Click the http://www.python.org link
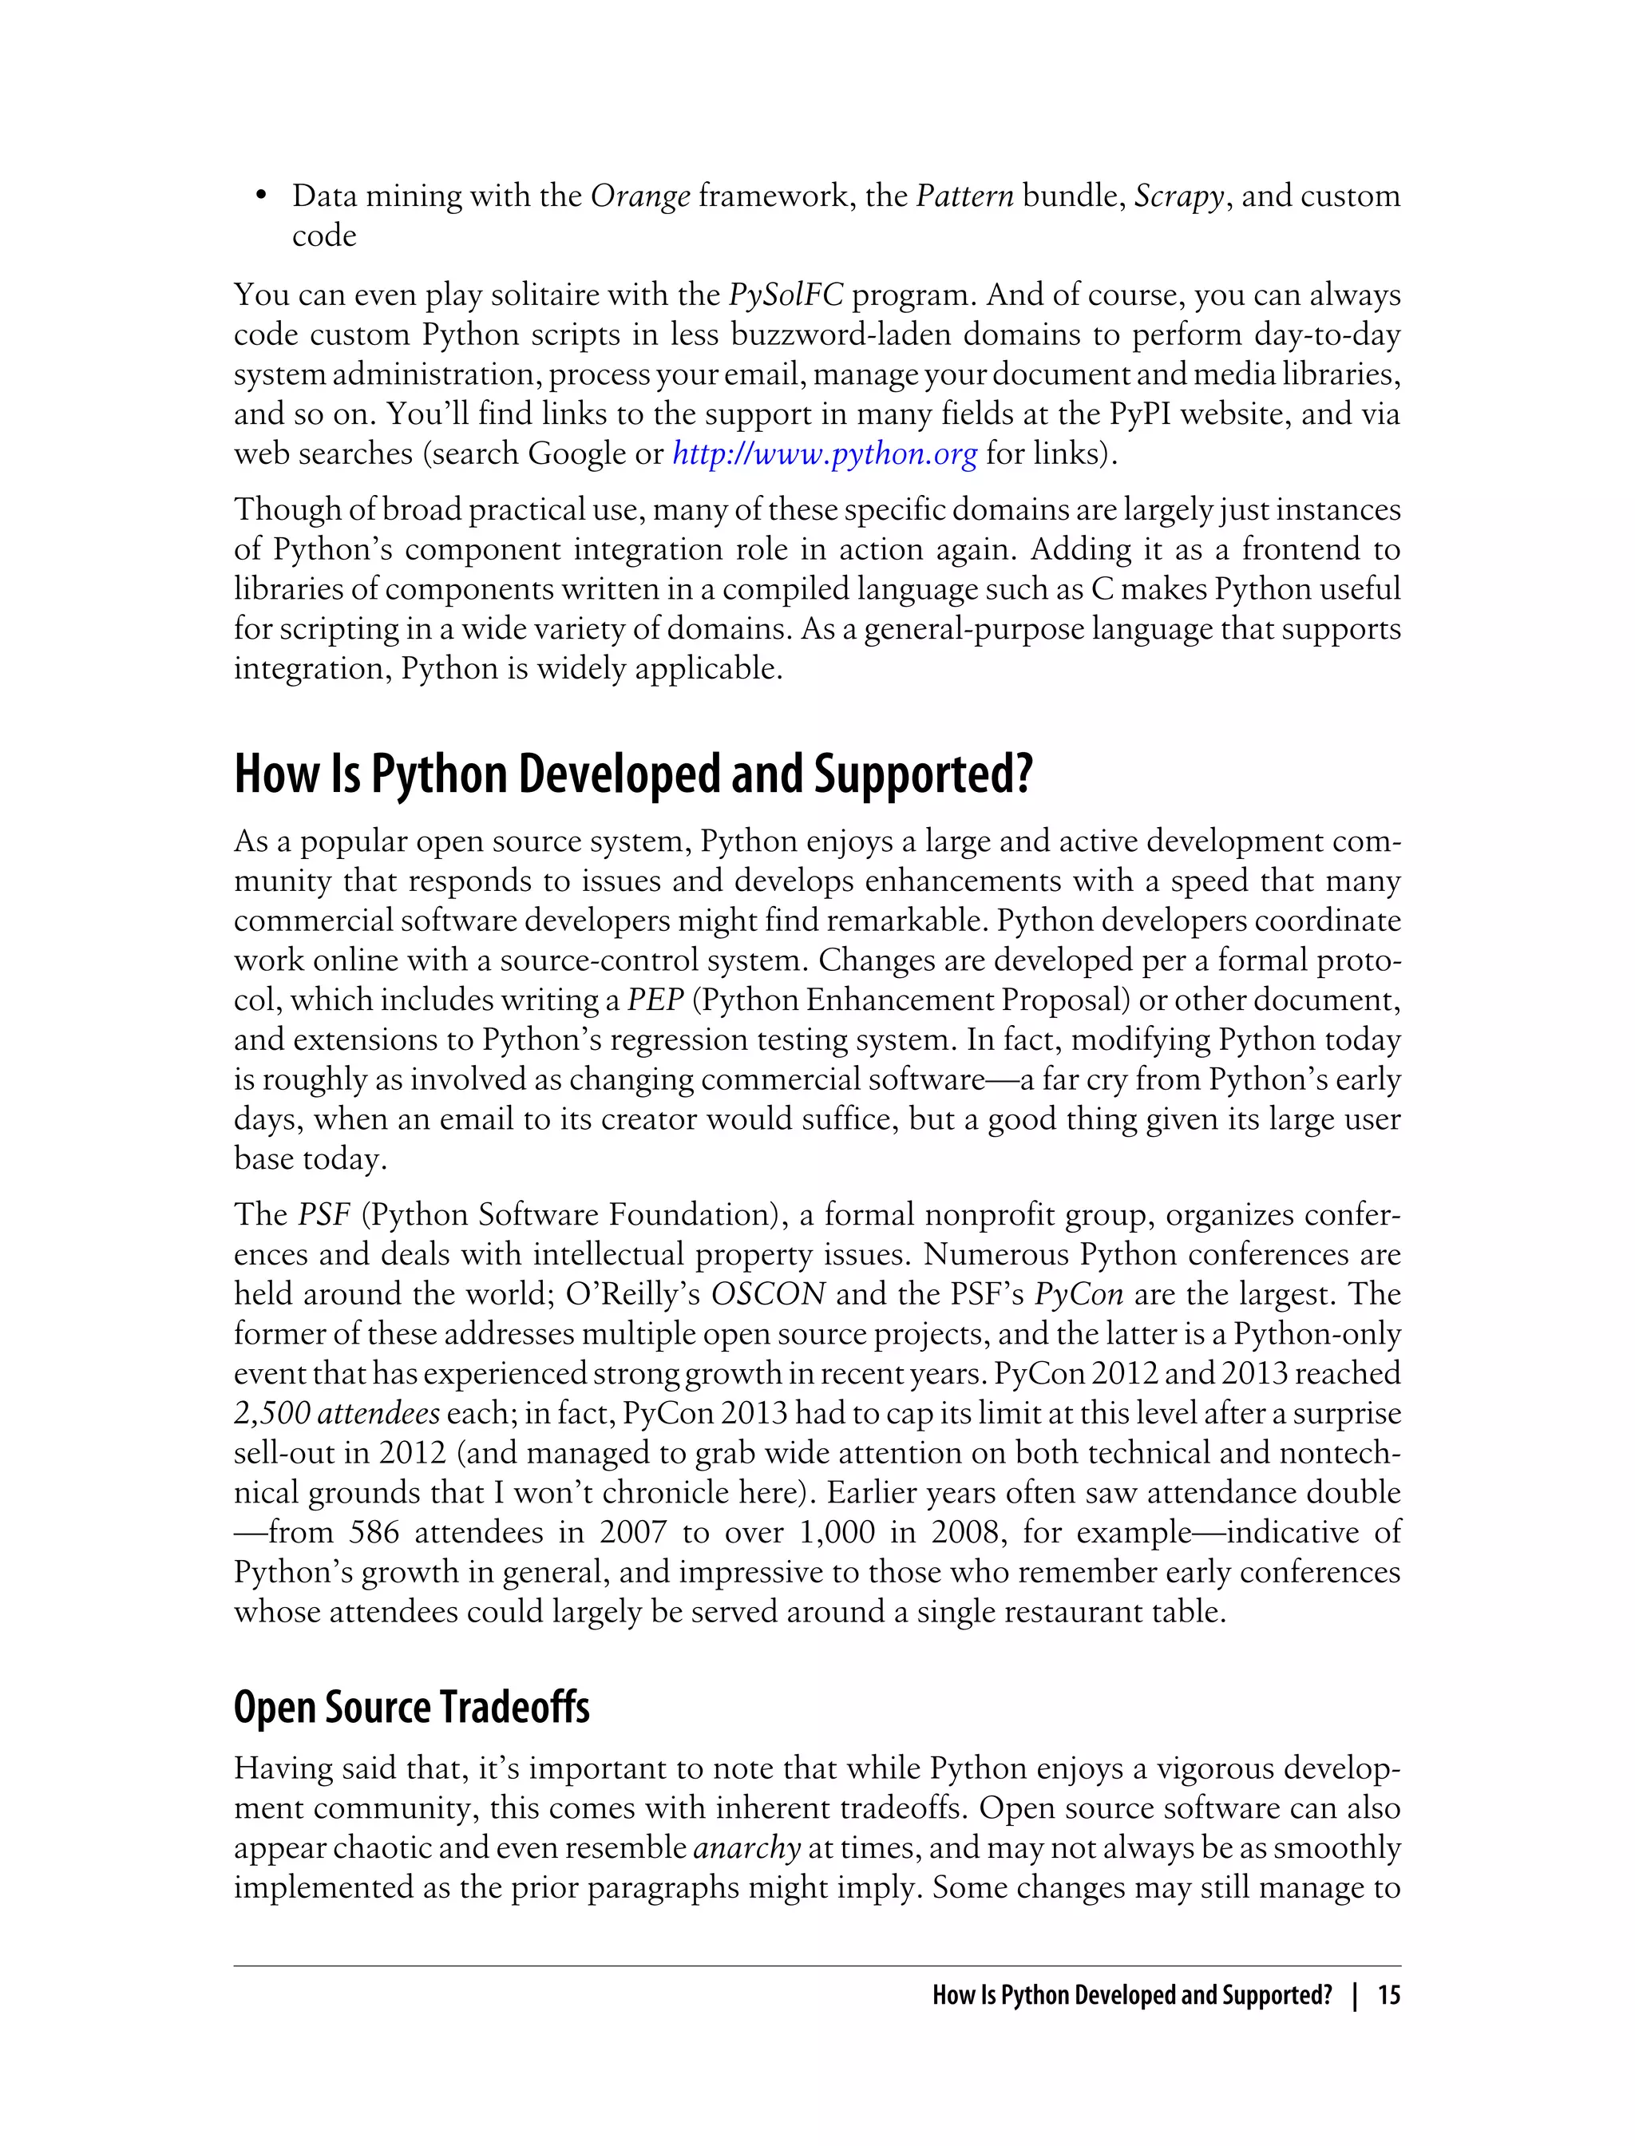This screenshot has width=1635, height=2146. (x=825, y=454)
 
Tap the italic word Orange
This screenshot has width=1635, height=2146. (x=640, y=196)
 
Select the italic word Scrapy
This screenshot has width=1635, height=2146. (x=1178, y=196)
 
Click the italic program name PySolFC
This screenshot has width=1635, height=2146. (x=786, y=295)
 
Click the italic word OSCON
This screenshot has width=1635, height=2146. (x=769, y=1294)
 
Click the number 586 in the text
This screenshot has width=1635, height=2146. (x=374, y=1533)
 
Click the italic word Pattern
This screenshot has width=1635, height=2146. (x=964, y=196)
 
